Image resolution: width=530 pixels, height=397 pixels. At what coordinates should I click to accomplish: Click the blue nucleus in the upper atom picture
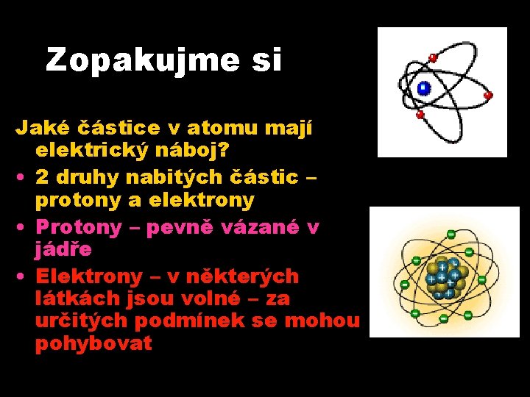pyautogui.click(x=423, y=88)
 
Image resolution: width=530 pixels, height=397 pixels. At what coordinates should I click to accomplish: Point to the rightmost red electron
pyautogui.click(x=487, y=96)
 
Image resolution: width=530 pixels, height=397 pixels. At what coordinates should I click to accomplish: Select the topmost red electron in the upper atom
pyautogui.click(x=433, y=57)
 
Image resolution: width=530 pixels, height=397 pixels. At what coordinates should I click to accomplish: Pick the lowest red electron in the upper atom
pyautogui.click(x=420, y=115)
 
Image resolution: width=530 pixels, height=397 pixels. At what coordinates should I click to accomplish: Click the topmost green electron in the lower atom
pyautogui.click(x=451, y=234)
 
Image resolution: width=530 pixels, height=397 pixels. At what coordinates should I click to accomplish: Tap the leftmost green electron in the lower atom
pyautogui.click(x=404, y=284)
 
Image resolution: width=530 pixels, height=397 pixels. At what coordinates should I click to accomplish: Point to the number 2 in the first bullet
pyautogui.click(x=43, y=177)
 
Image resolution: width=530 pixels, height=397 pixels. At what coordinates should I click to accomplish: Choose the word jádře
pyautogui.click(x=63, y=249)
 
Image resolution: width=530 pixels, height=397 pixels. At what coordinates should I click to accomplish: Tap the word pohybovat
pyautogui.click(x=93, y=343)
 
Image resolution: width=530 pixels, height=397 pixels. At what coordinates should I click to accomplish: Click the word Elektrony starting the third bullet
pyautogui.click(x=89, y=276)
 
